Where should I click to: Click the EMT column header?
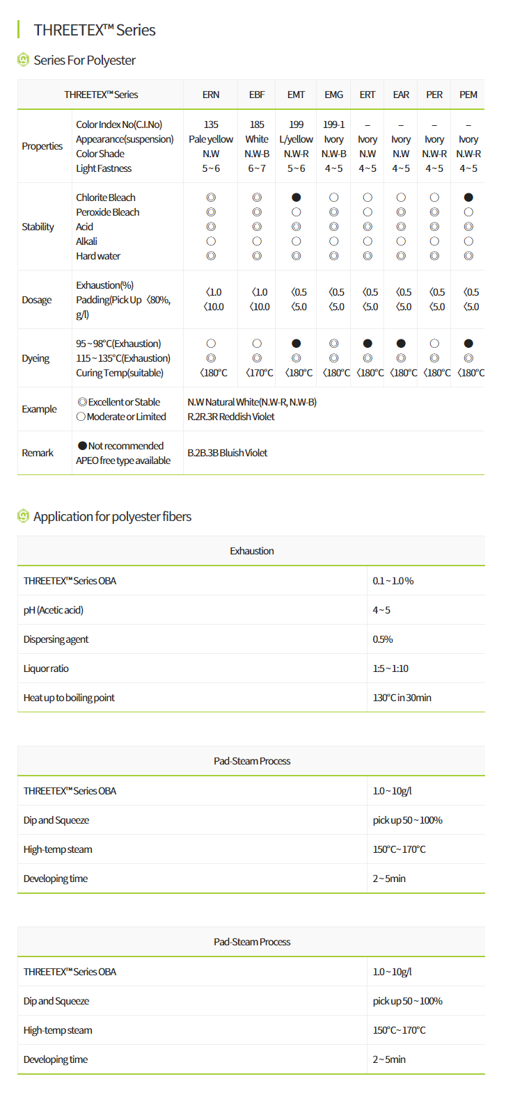coord(296,95)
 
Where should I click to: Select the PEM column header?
coord(468,95)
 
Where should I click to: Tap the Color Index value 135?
coord(211,125)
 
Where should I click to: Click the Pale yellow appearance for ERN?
coord(211,139)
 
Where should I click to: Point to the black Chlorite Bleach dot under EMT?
coord(297,198)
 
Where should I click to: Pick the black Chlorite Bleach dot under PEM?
coord(468,198)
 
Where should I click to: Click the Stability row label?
coord(38,227)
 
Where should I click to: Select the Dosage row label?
coord(37,300)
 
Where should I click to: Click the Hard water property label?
coord(98,256)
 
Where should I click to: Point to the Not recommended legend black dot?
coord(82,446)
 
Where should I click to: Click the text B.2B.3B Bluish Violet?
coord(228,453)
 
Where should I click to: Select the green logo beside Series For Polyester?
coord(23,60)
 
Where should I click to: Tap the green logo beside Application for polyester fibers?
coord(23,516)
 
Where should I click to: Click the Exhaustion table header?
coord(251,551)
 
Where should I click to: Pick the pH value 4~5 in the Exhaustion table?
coord(381,610)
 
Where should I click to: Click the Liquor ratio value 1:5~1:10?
coord(390,668)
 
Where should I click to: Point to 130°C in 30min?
coord(402,698)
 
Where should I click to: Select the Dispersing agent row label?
coord(56,639)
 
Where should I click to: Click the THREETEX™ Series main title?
coord(95,30)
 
